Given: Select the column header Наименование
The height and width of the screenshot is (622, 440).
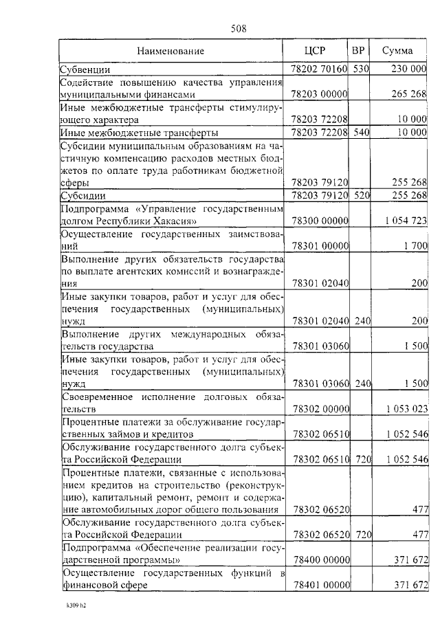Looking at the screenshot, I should tap(170, 52).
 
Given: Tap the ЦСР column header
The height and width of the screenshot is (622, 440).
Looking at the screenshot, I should tap(320, 52).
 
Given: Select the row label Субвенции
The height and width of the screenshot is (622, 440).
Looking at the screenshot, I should tap(83, 69).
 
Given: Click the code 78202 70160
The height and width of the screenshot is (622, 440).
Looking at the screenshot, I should tap(320, 69).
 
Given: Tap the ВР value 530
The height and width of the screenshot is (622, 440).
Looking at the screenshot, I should tap(361, 69).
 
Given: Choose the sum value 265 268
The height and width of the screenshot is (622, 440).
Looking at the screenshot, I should tap(410, 94).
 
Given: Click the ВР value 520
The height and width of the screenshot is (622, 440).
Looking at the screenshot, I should tap(361, 196).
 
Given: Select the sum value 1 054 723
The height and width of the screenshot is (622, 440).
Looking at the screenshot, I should tap(406, 221).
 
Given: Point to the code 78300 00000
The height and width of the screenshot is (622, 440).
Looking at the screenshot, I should tap(320, 221).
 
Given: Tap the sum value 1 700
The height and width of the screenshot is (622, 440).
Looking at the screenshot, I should tap(416, 245).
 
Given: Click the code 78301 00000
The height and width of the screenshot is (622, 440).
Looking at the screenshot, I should tap(320, 245).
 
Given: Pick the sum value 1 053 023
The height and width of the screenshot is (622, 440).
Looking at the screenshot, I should tap(406, 409).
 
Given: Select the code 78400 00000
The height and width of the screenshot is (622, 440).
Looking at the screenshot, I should tap(320, 560).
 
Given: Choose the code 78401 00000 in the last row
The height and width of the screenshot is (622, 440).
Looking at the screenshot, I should tap(320, 585).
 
